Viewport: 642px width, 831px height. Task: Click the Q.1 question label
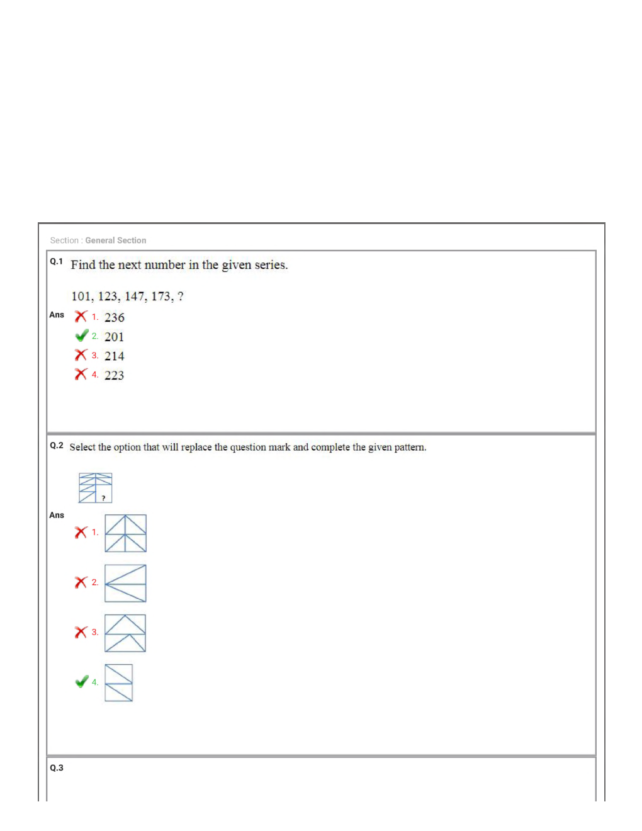pos(56,261)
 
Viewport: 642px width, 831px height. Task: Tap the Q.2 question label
pos(56,446)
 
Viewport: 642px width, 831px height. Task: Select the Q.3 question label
pos(56,768)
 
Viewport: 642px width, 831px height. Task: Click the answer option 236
pos(114,317)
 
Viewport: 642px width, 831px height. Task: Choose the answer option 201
pos(114,337)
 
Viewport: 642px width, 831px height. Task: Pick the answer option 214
pos(114,356)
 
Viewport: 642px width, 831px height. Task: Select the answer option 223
pos(114,375)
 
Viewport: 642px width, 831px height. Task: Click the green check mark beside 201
pos(81,336)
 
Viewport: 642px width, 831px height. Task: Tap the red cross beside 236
pos(81,316)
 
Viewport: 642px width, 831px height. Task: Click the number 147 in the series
pos(135,297)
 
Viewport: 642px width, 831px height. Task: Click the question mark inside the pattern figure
pos(104,498)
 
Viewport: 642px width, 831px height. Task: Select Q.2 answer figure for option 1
pos(125,533)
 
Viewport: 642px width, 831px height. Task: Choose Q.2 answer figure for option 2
pos(125,583)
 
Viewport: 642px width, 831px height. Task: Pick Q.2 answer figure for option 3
pos(125,633)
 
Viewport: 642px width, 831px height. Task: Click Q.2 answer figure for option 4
pos(118,682)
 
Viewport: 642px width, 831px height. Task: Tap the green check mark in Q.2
pos(81,682)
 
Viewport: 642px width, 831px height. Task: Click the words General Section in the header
pos(116,240)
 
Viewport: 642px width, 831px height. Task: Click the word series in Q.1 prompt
pos(271,265)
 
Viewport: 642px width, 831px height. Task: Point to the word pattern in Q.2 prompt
pos(410,447)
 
